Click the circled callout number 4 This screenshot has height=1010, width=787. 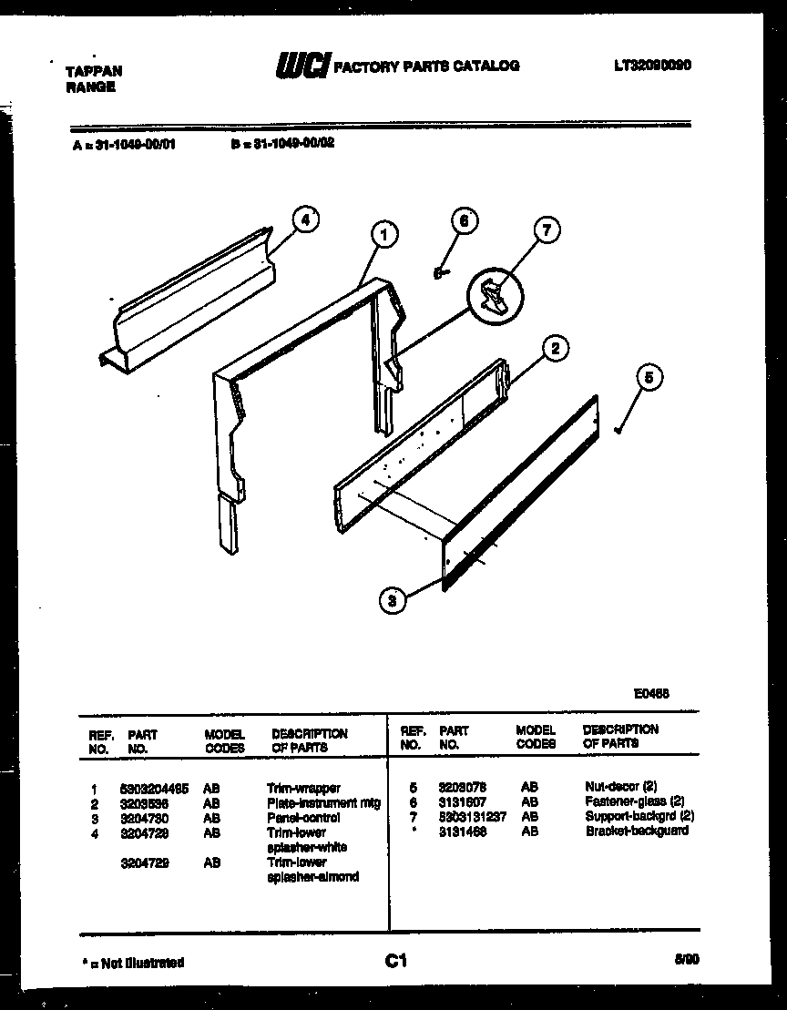pos(306,219)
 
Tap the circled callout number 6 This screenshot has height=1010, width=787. pos(465,220)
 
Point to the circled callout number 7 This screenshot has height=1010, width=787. pos(546,230)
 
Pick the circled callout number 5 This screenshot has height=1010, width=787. pos(649,377)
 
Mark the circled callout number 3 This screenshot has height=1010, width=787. pos(392,599)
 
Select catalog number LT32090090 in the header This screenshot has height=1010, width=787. pos(652,66)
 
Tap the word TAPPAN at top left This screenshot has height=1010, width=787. pos(94,70)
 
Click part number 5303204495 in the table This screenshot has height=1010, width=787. pos(154,789)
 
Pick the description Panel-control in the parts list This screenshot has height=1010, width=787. pos(303,818)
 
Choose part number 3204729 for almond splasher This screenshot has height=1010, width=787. pos(144,862)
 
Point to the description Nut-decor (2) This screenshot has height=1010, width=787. pos(620,786)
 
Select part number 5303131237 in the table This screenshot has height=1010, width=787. pos(472,816)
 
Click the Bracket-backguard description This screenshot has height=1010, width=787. pos(637,831)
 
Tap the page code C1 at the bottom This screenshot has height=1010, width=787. pos(395,961)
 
